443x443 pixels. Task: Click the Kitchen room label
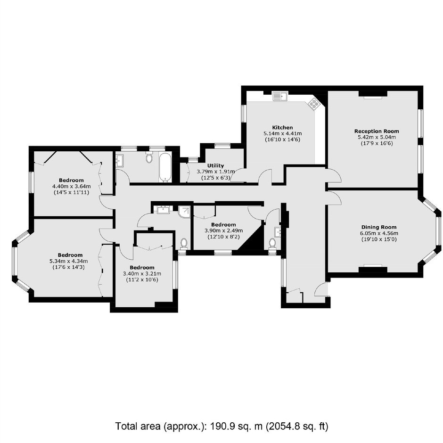(282, 127)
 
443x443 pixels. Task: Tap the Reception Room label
(377, 131)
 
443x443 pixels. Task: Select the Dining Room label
(379, 227)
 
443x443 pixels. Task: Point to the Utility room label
(215, 165)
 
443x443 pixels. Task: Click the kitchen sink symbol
(280, 96)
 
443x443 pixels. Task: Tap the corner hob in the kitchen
(314, 104)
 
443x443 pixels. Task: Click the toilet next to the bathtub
(149, 157)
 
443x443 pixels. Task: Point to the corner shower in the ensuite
(184, 212)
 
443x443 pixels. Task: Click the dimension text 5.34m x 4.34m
(68, 261)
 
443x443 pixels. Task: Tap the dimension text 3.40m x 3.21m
(142, 273)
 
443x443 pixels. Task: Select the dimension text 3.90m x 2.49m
(223, 230)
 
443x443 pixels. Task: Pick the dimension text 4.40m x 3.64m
(71, 186)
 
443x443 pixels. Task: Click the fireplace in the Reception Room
(373, 95)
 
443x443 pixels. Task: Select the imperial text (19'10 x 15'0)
(379, 239)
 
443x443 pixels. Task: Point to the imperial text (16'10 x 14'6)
(282, 139)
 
